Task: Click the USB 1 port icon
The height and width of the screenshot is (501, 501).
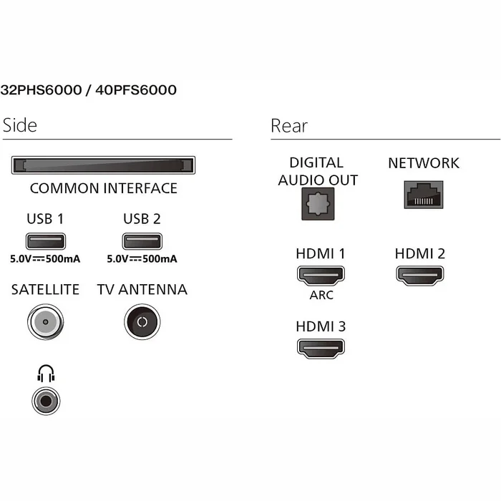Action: [x=46, y=241]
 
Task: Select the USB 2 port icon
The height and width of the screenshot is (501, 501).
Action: [x=142, y=241]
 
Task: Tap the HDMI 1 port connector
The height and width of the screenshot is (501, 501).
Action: [x=321, y=276]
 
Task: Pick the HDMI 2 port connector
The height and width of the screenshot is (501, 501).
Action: [x=420, y=276]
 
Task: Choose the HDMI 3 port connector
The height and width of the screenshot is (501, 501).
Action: [x=321, y=349]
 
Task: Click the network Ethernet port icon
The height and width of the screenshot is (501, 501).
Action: [x=424, y=195]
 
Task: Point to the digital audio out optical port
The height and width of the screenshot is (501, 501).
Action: [x=318, y=204]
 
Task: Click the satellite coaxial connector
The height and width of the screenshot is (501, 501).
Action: [x=45, y=322]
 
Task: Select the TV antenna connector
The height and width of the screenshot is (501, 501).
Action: [x=142, y=322]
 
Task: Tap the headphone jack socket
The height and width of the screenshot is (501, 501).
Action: [x=46, y=401]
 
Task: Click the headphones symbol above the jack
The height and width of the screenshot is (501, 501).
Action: [x=46, y=373]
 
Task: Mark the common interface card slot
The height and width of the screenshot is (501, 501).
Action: [x=103, y=165]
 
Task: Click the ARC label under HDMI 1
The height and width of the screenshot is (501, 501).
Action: [x=321, y=295]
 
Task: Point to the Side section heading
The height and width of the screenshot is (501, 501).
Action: [x=20, y=125]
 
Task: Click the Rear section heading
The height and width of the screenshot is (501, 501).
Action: [x=289, y=125]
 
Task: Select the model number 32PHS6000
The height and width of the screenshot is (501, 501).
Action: [x=42, y=89]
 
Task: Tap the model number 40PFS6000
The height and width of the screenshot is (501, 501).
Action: [x=136, y=89]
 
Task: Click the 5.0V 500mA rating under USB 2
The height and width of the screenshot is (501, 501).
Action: [x=142, y=259]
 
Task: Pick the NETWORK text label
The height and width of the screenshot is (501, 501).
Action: [x=424, y=163]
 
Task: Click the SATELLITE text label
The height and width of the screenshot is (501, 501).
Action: [x=45, y=289]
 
